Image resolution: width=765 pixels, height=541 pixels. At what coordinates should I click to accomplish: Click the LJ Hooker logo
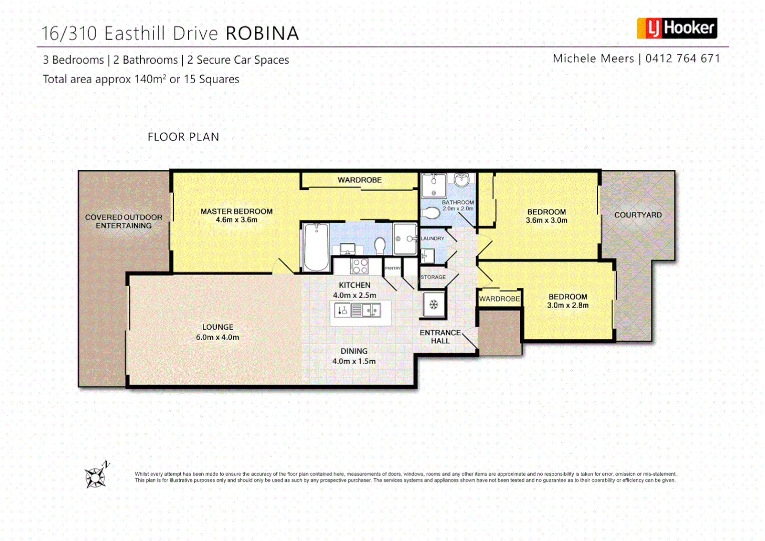(x=676, y=28)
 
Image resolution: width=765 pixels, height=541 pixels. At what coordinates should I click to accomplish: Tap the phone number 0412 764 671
(x=682, y=59)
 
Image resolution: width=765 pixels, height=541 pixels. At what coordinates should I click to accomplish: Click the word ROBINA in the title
(x=262, y=34)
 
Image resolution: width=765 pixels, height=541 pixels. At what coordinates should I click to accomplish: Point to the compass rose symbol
(x=95, y=476)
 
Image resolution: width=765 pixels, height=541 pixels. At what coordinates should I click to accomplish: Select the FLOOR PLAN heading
(x=183, y=137)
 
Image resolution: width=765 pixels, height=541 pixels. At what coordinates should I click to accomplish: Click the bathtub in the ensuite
(x=316, y=247)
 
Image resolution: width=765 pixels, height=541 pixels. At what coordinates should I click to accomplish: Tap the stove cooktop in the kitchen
(x=359, y=266)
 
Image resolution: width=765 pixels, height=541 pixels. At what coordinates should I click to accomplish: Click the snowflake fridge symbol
(x=434, y=305)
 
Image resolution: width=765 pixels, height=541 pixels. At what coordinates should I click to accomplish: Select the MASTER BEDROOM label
(x=236, y=211)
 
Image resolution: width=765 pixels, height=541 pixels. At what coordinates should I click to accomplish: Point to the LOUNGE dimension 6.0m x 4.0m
(x=217, y=338)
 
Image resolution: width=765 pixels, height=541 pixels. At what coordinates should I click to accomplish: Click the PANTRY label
(x=393, y=268)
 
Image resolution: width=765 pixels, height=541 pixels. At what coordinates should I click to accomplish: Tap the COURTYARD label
(x=638, y=215)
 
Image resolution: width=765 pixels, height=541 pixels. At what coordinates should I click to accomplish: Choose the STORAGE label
(x=433, y=277)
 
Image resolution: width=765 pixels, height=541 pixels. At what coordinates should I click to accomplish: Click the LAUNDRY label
(x=432, y=238)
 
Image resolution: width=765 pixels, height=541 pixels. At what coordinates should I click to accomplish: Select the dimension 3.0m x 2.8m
(x=568, y=306)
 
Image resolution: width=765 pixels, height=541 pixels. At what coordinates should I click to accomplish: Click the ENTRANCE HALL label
(x=440, y=337)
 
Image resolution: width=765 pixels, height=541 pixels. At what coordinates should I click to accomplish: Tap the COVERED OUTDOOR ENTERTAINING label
(x=124, y=221)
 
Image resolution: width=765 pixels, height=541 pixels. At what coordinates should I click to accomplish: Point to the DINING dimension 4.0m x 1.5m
(x=354, y=361)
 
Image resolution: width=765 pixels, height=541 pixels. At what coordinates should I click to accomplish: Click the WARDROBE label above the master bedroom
(x=359, y=180)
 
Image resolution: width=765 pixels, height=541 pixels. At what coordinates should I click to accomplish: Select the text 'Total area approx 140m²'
(x=105, y=79)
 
